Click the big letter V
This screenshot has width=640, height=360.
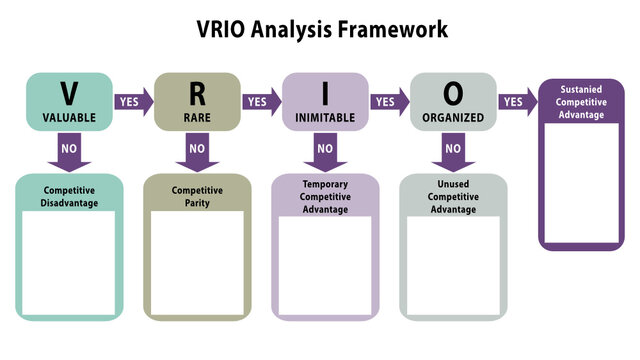tap(69, 93)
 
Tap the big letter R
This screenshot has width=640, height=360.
tap(197, 93)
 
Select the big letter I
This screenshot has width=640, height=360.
tap(325, 93)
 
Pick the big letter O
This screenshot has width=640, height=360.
tap(453, 93)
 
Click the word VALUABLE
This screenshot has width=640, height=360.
tap(69, 117)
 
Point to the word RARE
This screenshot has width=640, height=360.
tap(197, 117)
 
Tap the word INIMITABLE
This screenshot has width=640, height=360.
tap(325, 117)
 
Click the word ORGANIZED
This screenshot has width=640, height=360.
tap(453, 117)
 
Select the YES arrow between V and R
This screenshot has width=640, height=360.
tap(133, 101)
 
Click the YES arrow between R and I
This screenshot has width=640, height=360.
tap(261, 101)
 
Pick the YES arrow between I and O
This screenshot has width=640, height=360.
tap(389, 101)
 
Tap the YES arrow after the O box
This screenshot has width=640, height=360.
tap(517, 101)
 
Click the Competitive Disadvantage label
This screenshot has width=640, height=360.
tap(69, 195)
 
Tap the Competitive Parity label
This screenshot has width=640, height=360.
tap(197, 195)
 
